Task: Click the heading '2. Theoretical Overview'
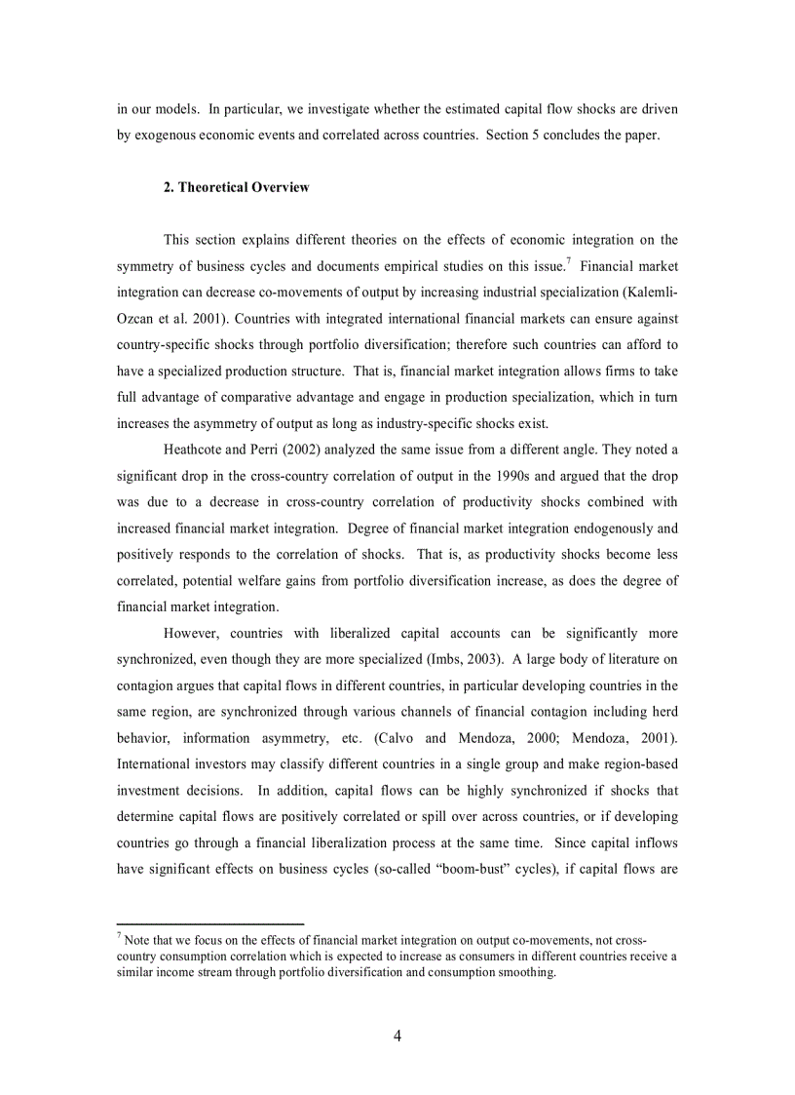[236, 187]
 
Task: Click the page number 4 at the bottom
[397, 1036]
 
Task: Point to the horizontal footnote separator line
[210, 922]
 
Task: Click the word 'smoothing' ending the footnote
[525, 973]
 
